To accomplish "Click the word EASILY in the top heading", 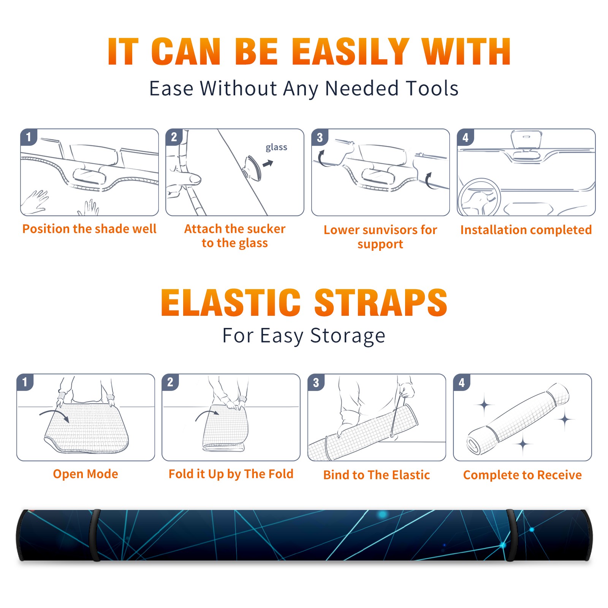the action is point(350,52).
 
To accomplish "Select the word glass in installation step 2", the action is point(276,147).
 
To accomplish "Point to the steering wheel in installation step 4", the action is point(480,197).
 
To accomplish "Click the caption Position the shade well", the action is point(89,229).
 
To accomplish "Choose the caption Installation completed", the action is point(526,230).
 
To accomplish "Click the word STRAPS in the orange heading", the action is point(381,302).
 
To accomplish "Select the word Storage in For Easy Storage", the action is point(348,336).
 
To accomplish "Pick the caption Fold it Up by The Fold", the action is point(231,474).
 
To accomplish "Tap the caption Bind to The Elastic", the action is point(377,475).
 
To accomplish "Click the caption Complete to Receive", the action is point(522,475).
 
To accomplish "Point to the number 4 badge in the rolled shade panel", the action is point(462,382).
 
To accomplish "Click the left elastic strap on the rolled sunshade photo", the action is point(95,535).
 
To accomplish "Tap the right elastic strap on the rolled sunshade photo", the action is point(511,535).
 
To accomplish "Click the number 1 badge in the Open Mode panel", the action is point(25,382).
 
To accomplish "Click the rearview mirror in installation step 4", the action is point(526,140).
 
